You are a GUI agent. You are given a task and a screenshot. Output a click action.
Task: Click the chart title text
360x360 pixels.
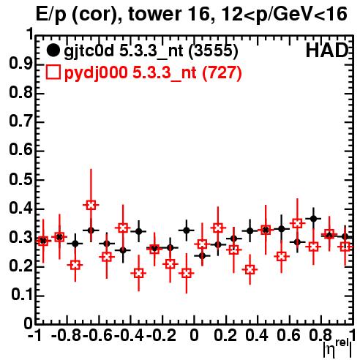coord(192,15)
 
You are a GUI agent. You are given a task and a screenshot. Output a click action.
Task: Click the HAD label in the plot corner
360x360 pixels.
coord(327,50)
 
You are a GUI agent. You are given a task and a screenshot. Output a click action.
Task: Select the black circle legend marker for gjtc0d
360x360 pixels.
coord(53,50)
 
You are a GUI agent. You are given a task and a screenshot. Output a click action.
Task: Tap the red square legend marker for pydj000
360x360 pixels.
coord(53,72)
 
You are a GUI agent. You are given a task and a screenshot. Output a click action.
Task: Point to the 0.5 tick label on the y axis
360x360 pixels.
coord(20,180)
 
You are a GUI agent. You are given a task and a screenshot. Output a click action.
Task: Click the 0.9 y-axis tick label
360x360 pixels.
coord(20,64)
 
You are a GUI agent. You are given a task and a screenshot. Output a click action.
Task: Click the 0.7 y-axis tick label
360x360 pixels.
coord(20,122)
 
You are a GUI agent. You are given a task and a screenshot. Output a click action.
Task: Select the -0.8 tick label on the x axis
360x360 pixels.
coord(66,335)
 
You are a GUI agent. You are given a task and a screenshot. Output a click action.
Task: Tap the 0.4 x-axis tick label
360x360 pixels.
coord(257,335)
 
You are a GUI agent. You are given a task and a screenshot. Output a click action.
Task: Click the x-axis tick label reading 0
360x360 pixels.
coord(194,335)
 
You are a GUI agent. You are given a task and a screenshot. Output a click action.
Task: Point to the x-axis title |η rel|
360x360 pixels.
coord(337,349)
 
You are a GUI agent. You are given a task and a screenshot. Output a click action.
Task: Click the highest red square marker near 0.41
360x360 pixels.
coord(91,205)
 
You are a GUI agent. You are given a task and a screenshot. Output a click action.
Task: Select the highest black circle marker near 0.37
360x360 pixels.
coord(314,219)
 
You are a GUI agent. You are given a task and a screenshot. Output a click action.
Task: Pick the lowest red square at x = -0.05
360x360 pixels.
coord(187,273)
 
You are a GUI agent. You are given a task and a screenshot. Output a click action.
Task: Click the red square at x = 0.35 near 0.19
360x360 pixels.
coord(250,270)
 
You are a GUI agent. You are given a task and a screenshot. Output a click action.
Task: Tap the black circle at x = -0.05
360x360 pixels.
coord(187,230)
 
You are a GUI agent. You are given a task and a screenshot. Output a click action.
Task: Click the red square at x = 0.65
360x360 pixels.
coord(297,223)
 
